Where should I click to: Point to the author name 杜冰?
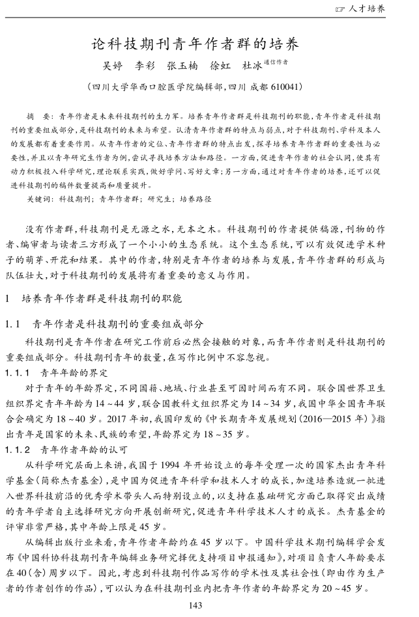click(x=252, y=66)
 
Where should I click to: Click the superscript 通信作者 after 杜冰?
click(x=276, y=63)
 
